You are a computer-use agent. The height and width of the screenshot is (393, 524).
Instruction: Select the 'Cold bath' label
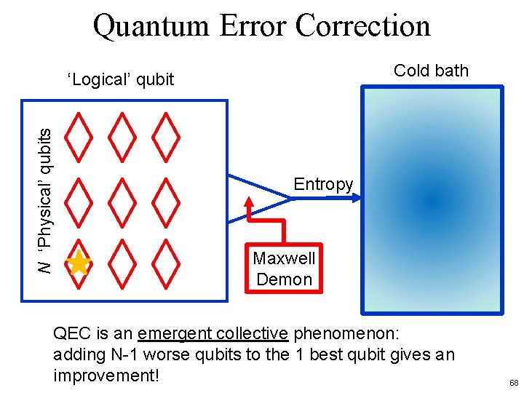tap(431, 71)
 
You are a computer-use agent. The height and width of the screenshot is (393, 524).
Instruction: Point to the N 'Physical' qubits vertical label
tap(45, 202)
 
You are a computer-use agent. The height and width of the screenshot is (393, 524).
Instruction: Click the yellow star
tap(78, 263)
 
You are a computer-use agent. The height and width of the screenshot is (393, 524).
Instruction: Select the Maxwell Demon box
tap(284, 268)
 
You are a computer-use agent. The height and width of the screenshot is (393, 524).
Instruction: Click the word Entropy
tap(323, 184)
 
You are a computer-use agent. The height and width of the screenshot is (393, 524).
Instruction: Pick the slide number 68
tap(514, 383)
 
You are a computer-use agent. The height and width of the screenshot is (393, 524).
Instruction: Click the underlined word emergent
tap(175, 333)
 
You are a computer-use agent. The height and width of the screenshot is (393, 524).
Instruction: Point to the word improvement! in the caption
tap(106, 376)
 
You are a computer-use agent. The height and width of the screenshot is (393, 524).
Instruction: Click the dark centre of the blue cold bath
tap(432, 198)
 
